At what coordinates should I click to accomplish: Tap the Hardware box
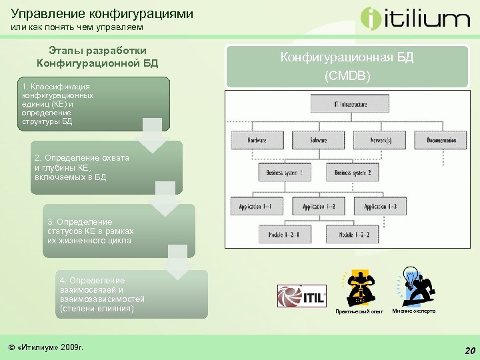tap(257, 140)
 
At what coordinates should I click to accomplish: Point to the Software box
tap(319, 140)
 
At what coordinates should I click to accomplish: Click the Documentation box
tap(441, 140)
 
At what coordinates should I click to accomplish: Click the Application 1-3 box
tap(382, 207)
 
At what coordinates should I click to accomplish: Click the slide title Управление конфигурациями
tap(102, 13)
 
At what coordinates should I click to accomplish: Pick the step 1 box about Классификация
tap(93, 104)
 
